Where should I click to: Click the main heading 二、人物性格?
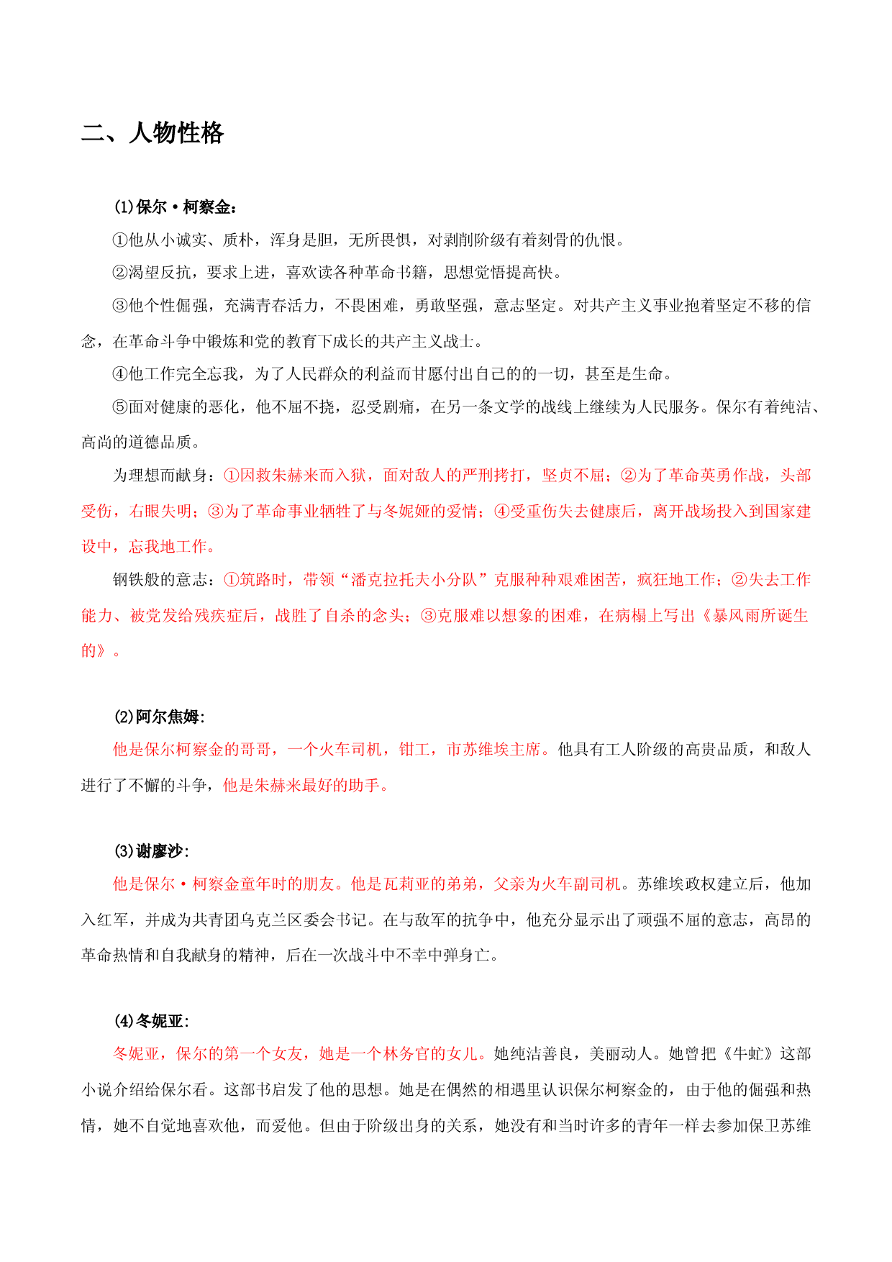point(153,133)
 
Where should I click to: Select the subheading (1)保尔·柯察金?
point(175,207)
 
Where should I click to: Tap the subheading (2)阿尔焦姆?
point(159,717)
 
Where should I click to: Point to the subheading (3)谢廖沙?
point(151,851)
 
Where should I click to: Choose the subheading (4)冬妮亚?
point(151,1021)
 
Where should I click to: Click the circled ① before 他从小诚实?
point(120,240)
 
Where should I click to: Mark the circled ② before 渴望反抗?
point(120,273)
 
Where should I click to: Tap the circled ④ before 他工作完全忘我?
point(120,374)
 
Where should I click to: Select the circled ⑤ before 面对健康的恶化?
point(120,407)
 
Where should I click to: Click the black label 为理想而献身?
point(160,476)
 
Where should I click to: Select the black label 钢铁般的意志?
point(160,580)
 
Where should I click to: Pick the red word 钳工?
point(414,750)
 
